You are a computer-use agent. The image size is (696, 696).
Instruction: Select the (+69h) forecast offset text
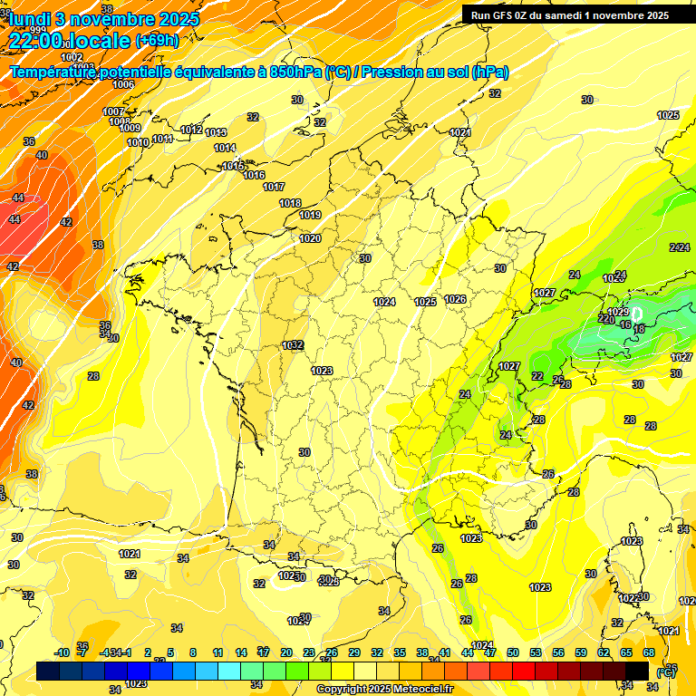[x=157, y=40]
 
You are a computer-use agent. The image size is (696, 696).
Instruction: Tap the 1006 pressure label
[x=123, y=84]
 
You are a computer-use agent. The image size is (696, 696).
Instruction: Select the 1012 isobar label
[x=191, y=130]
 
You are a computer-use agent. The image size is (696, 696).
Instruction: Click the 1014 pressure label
[x=225, y=148]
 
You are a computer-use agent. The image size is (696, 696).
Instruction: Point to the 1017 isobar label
[x=274, y=187]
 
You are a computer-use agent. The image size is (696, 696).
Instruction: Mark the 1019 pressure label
[x=310, y=215]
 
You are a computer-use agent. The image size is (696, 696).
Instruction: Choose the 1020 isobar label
[x=310, y=238]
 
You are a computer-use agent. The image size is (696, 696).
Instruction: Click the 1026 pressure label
[x=455, y=299]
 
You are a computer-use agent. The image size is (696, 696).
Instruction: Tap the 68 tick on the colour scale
[x=649, y=652]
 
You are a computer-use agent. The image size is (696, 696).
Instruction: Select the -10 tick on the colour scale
[x=63, y=652]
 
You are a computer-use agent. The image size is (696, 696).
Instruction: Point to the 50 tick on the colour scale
[x=513, y=652]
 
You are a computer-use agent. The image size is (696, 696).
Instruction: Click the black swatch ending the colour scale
[x=637, y=671]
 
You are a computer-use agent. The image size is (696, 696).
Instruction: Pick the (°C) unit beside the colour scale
[x=665, y=672]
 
